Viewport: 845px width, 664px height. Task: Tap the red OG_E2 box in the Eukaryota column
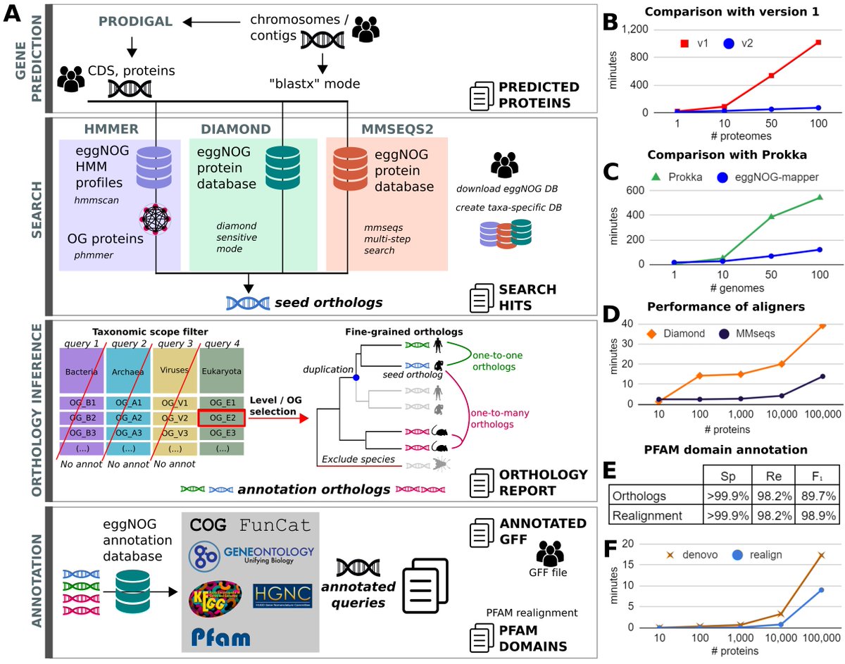coord(222,418)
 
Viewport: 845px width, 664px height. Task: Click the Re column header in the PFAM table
coord(775,475)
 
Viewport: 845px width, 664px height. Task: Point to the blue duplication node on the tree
coord(356,378)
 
